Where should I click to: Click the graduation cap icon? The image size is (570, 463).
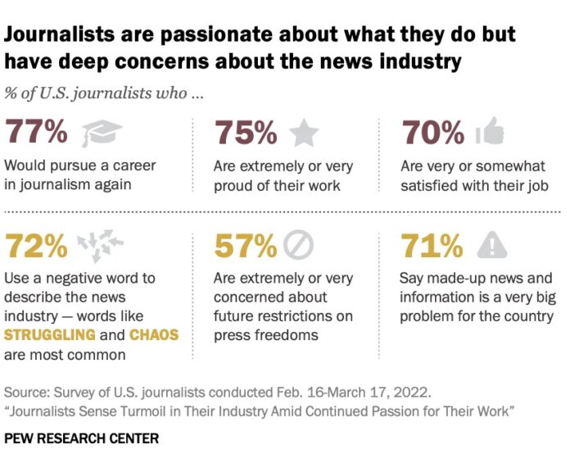pos(100,132)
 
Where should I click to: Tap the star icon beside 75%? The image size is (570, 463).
pos(305,131)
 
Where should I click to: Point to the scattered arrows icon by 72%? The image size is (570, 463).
pos(99,244)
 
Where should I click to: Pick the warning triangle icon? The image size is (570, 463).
pos(491,244)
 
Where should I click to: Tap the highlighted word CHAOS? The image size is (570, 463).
pos(153,335)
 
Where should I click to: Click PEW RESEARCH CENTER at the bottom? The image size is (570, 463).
pos(81,439)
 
